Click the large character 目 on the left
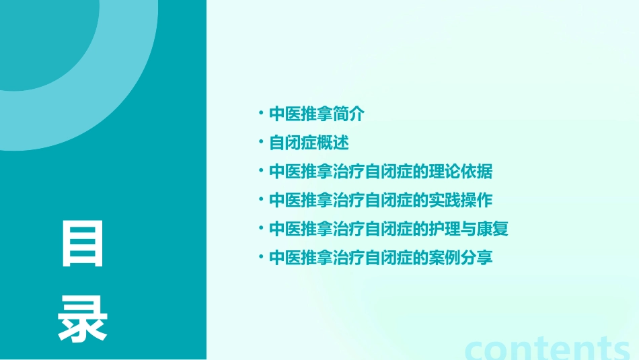pos(83,243)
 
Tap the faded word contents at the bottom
pos(548,348)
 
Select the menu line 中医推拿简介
pos(316,114)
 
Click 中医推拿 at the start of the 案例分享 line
pos(301,258)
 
